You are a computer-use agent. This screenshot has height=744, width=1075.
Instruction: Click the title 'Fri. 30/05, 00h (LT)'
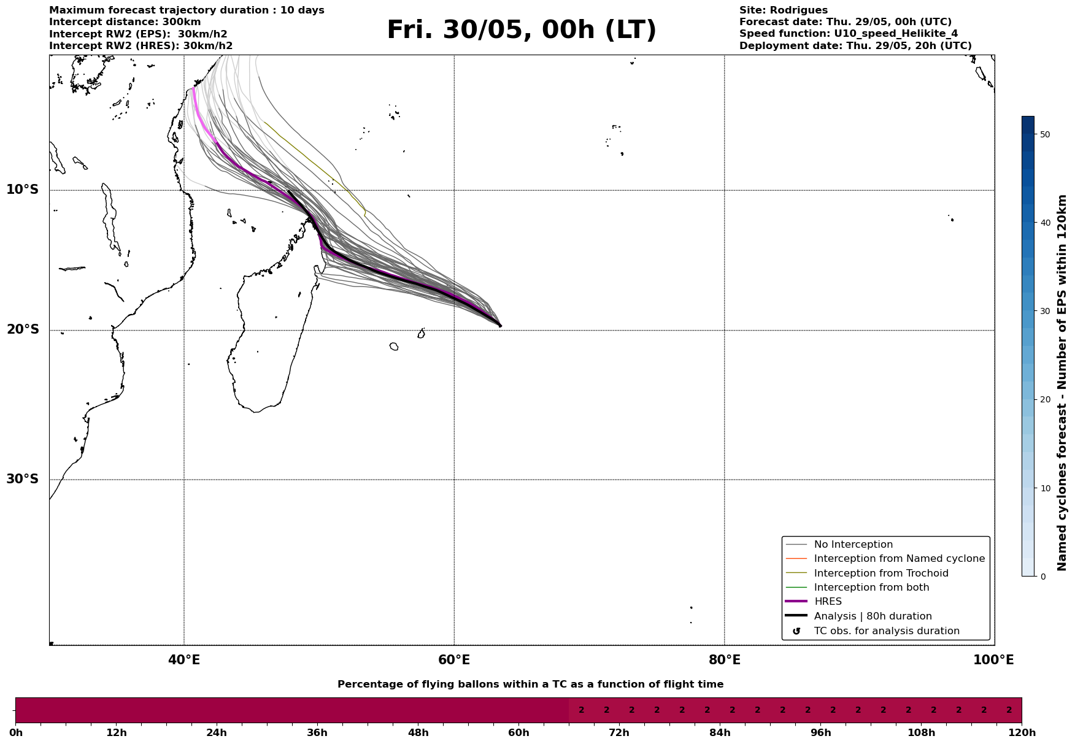(x=521, y=31)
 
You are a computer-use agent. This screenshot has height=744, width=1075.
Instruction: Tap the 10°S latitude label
(x=23, y=190)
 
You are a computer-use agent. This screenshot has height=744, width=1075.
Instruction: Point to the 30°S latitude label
(x=23, y=479)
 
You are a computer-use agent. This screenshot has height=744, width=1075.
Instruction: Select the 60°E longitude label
(x=454, y=660)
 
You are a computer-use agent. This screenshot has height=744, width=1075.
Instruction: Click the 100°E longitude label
(x=993, y=660)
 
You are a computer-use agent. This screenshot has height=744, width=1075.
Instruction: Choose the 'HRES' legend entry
(x=828, y=602)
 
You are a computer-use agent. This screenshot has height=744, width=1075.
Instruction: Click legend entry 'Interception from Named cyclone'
(x=899, y=559)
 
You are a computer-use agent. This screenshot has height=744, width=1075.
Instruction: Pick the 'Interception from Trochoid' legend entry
(x=880, y=573)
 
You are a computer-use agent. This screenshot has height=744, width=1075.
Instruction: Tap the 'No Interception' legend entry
(x=853, y=545)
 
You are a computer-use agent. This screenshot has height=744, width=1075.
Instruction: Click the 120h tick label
(x=1021, y=733)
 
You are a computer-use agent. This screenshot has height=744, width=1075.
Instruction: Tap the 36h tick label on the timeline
(x=317, y=733)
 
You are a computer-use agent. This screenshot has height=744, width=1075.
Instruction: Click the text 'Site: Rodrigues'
(x=783, y=10)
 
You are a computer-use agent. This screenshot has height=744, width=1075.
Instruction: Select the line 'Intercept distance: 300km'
(x=125, y=22)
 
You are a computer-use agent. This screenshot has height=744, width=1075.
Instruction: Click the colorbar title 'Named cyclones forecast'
(x=1063, y=383)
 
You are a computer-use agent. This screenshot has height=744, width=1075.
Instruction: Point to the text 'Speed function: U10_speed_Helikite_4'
(x=848, y=34)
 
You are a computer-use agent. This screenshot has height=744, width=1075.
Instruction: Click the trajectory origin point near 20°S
(x=500, y=326)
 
